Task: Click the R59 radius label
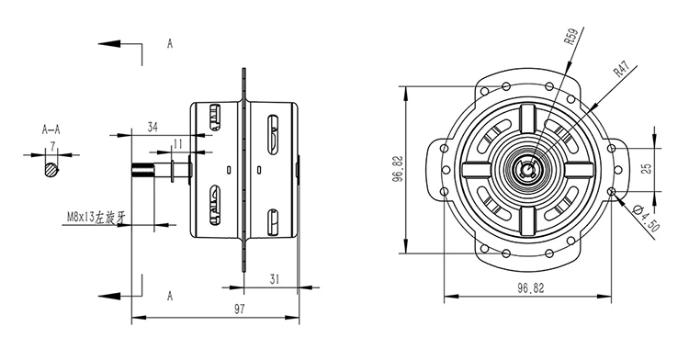tap(570, 37)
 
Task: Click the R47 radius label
tap(622, 70)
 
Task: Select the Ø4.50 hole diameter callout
tap(647, 219)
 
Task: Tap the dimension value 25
tap(647, 169)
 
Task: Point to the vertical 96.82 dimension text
tap(399, 169)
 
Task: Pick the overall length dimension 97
tap(239, 309)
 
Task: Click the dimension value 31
tap(274, 279)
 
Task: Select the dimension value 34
tap(152, 128)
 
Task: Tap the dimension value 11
tap(178, 144)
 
